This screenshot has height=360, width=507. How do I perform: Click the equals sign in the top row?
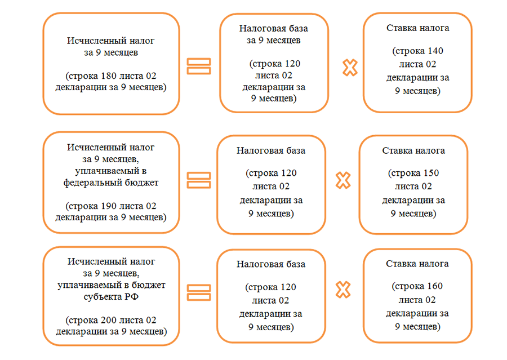(198, 66)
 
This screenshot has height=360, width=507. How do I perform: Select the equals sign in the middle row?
(198, 180)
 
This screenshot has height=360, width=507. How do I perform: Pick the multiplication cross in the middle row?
(343, 180)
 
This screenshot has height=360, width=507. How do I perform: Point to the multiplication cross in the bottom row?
(343, 291)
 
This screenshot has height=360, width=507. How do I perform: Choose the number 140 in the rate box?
(433, 51)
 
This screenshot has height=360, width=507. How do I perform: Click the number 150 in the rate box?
(428, 173)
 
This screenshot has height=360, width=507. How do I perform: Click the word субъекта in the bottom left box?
(96, 296)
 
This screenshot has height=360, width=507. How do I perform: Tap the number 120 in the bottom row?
(285, 287)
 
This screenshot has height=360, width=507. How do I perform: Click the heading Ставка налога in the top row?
(417, 28)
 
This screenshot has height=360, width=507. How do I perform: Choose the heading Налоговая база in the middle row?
(271, 150)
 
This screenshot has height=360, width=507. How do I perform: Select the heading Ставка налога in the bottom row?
(417, 263)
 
